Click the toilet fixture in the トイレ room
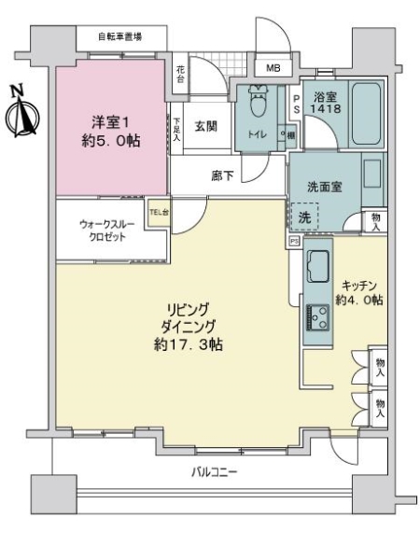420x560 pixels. (x=255, y=102)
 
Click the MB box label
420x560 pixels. (x=273, y=68)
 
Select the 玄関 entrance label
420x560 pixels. (x=206, y=126)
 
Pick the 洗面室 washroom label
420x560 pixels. (x=322, y=186)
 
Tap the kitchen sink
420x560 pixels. (x=316, y=269)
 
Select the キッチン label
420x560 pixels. (x=359, y=286)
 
